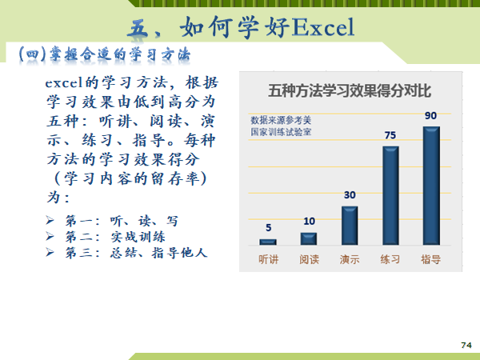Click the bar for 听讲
(268, 242)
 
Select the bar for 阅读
(309, 238)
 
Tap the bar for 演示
(350, 226)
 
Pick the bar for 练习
(390, 196)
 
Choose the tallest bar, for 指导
(431, 186)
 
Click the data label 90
(430, 116)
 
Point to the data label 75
(390, 135)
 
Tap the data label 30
(350, 195)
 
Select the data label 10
(309, 222)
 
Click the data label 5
(269, 228)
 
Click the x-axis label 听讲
(269, 259)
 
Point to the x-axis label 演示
(350, 259)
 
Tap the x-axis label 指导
(431, 259)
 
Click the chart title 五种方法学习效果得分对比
(350, 91)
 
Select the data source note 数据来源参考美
(281, 120)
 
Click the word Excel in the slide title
(323, 27)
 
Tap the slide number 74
(466, 346)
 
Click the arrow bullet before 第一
(50, 220)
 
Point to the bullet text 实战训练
(138, 237)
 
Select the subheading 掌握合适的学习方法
(120, 54)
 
